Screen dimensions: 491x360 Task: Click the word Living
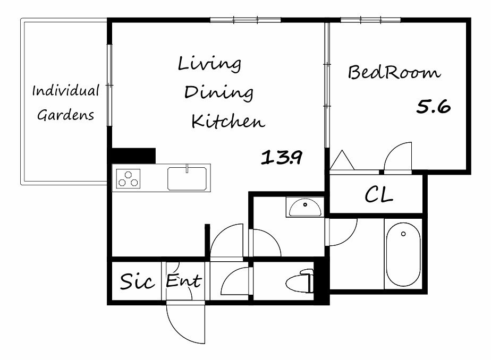coord(209,64)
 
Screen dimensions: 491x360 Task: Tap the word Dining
coord(218,92)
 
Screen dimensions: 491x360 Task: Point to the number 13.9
coord(282,157)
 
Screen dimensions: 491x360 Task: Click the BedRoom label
coord(394,72)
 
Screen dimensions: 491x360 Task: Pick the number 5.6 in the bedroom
coord(434,107)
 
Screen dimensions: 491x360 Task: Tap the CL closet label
coord(379,194)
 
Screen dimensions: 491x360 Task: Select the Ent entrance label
coord(183,280)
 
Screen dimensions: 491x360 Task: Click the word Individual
coord(66,91)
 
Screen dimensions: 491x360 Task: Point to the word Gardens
coord(66,115)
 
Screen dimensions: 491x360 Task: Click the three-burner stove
coord(128,178)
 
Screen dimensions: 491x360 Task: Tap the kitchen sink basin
coord(187,178)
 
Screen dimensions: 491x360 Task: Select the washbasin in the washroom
coord(305,208)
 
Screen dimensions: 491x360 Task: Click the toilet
coord(300,281)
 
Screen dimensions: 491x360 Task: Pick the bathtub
coord(403,254)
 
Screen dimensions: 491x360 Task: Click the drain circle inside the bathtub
coord(403,234)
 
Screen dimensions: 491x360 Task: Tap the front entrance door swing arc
coord(178,331)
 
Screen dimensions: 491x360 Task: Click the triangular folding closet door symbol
coord(342,160)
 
